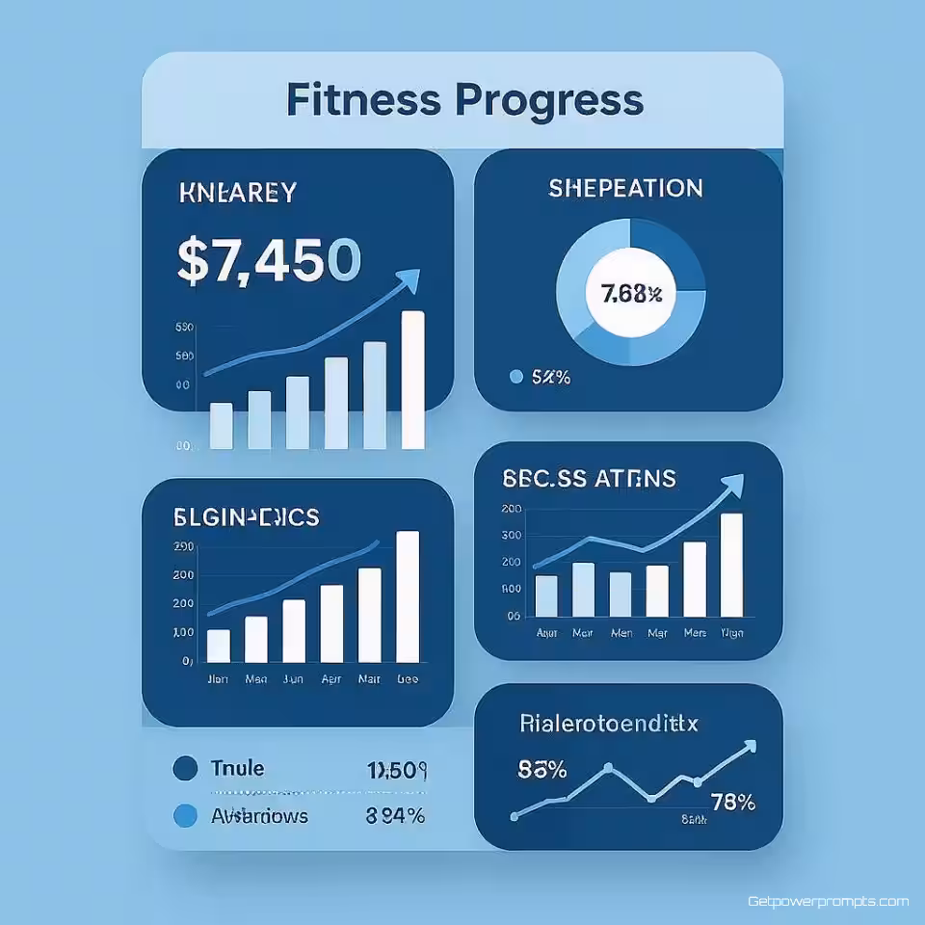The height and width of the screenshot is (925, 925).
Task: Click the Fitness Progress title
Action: pos(463,100)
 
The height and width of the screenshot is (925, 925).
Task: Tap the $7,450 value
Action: pos(270,261)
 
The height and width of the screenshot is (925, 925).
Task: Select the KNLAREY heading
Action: pos(237,193)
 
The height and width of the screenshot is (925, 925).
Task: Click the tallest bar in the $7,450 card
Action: pos(412,380)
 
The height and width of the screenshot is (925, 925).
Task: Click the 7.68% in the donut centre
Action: pos(631,295)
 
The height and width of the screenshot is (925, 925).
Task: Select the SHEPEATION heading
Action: pos(625,188)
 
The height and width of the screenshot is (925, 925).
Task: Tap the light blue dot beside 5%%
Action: pos(515,378)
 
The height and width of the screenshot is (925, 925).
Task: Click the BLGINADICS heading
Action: pos(246,517)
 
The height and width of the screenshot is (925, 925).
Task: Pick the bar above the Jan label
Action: pos(219,646)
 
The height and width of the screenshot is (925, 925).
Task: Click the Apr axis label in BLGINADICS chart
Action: pos(331,678)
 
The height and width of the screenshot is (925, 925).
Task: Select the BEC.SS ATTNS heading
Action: pos(589,478)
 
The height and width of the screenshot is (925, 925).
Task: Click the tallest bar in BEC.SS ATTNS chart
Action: pos(731,565)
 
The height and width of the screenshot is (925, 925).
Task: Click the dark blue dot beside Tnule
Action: pos(183,769)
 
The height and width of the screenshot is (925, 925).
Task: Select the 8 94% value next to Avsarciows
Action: pos(395,816)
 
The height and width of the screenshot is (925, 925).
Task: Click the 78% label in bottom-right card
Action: pos(732,802)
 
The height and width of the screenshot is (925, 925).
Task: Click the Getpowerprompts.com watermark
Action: pos(828,902)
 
